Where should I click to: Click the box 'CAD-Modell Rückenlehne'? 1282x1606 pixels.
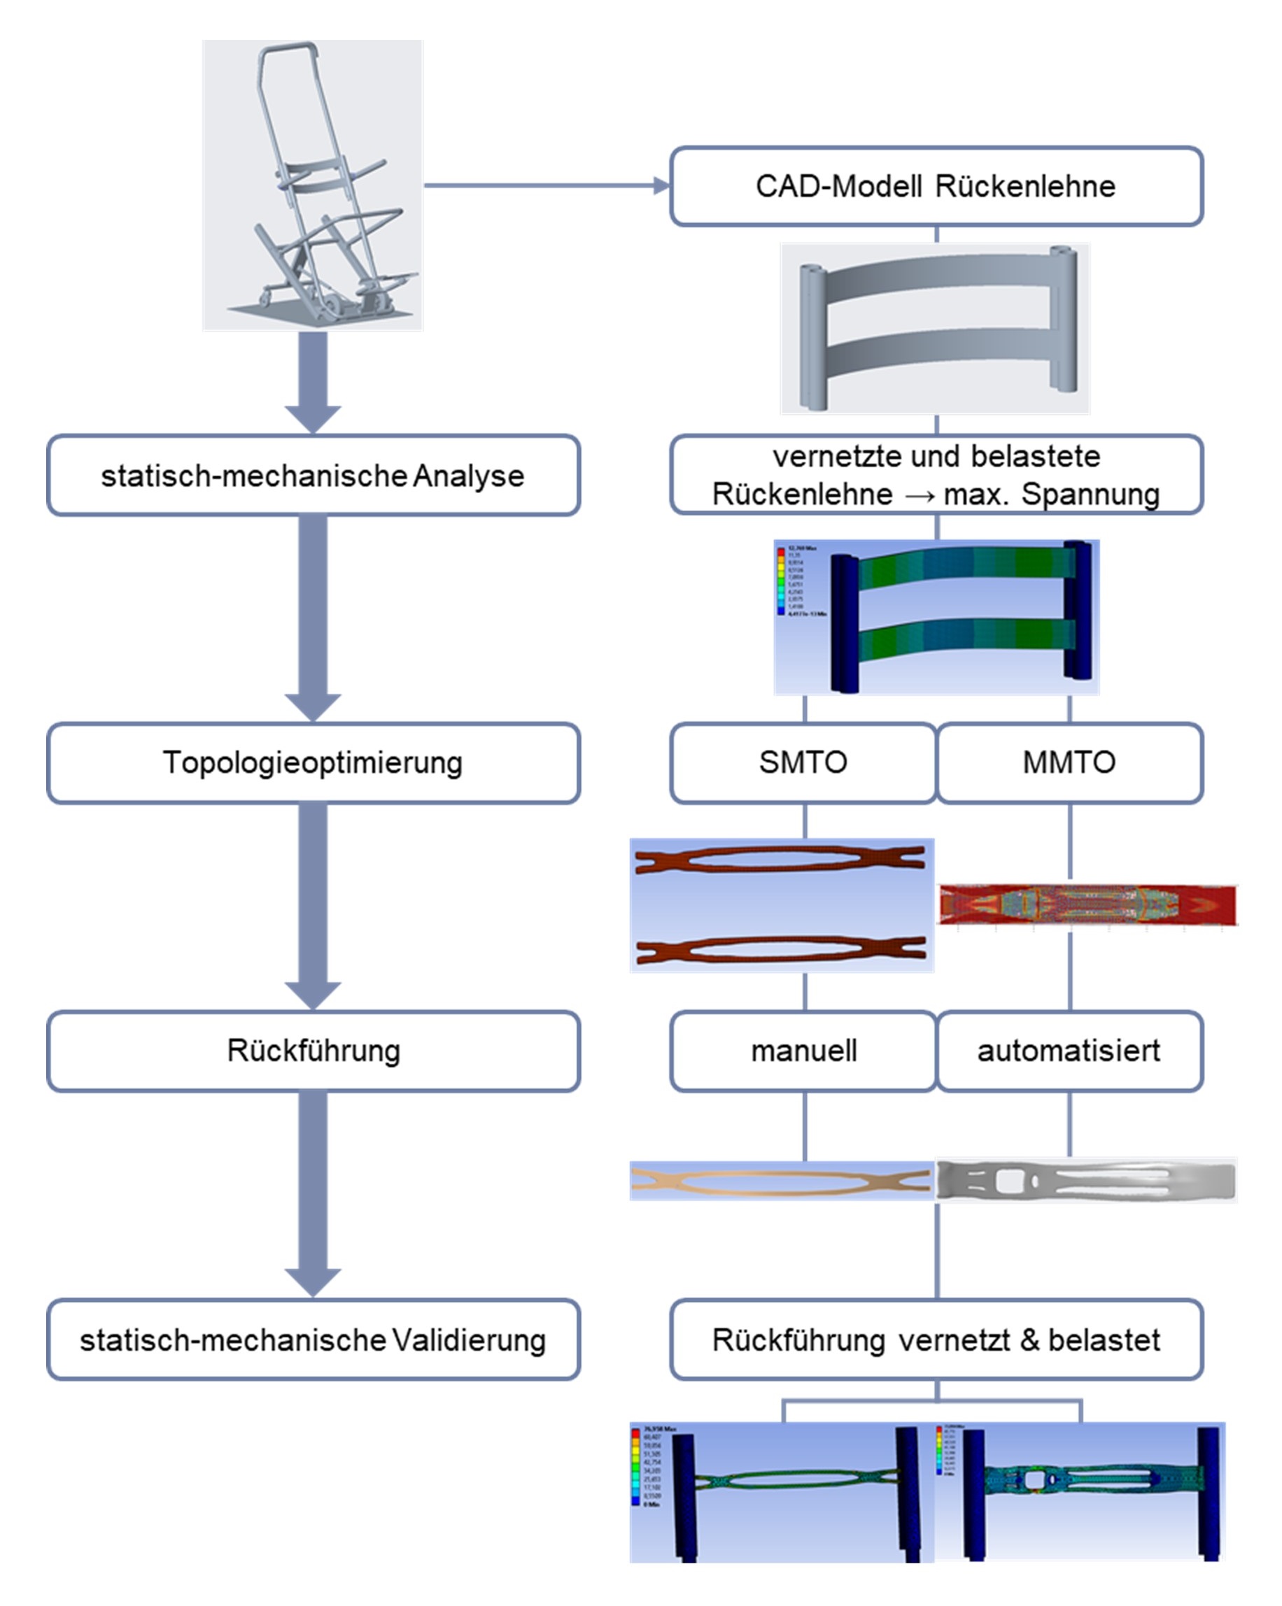coord(936,186)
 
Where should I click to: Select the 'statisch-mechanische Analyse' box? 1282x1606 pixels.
coord(313,475)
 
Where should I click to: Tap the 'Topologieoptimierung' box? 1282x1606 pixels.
coord(313,762)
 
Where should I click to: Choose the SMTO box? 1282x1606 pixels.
coord(803,762)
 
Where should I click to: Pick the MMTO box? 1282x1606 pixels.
coord(1069,762)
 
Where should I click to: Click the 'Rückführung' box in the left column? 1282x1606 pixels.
coord(313,1051)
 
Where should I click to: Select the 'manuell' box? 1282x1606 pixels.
coord(803,1051)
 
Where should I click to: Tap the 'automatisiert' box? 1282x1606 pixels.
coord(1069,1051)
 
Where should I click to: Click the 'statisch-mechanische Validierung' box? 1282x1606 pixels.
coord(313,1340)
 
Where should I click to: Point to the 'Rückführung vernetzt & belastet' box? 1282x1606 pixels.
coord(936,1340)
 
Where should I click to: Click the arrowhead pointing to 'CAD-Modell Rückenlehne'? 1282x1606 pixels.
coord(661,185)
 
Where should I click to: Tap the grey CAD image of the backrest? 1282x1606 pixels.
coord(936,329)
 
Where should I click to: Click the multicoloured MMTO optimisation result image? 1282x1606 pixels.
coord(1087,905)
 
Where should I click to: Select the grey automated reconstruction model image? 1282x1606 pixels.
coord(1086,1181)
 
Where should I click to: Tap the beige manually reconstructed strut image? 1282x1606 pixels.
coord(780,1181)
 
